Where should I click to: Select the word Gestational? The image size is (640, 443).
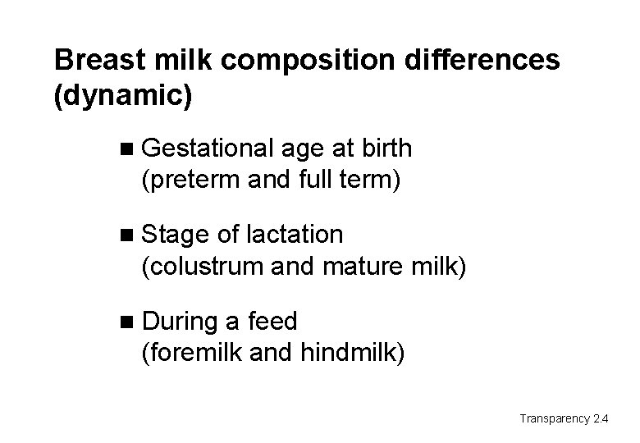[206, 148]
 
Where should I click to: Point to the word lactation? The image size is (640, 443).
[293, 235]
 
